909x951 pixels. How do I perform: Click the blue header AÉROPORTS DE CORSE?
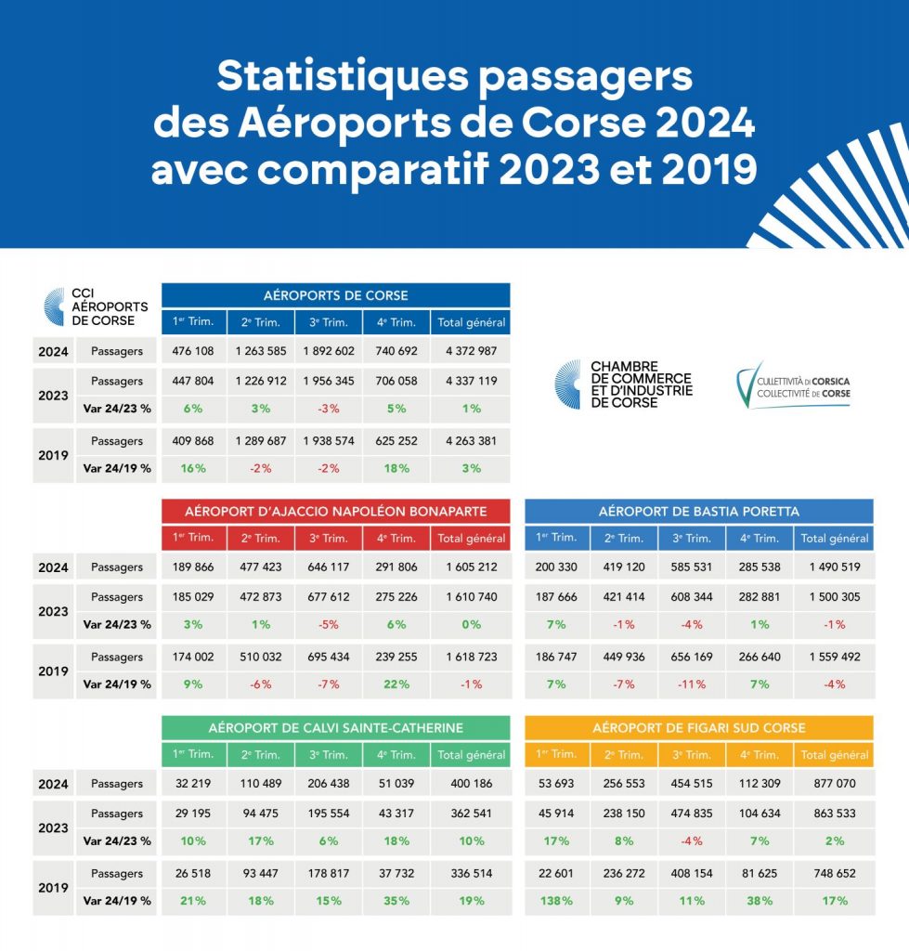[335, 295]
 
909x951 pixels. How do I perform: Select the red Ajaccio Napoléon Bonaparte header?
[335, 511]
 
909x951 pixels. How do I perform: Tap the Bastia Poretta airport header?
[698, 511]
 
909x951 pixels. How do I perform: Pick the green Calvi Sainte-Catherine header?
[335, 727]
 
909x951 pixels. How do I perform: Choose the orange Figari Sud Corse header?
[698, 727]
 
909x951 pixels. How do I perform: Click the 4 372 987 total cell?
[471, 351]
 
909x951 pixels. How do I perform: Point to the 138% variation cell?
[557, 901]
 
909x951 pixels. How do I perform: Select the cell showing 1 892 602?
[329, 351]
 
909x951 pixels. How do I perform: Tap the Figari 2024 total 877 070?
[834, 784]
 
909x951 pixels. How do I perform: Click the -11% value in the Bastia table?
[693, 684]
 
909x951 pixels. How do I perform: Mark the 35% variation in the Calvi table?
[396, 901]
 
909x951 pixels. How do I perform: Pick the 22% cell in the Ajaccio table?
[396, 684]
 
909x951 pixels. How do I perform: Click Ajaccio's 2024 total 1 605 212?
[471, 567]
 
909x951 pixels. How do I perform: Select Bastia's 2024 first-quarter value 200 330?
[557, 567]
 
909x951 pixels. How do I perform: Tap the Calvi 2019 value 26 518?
[193, 874]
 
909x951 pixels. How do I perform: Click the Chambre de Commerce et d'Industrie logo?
[624, 384]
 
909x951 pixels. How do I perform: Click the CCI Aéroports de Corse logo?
[97, 307]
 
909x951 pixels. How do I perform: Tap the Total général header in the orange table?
[834, 755]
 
